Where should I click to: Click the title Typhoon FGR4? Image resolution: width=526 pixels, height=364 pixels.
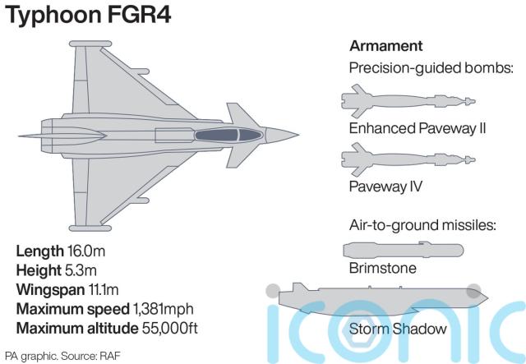click(x=90, y=16)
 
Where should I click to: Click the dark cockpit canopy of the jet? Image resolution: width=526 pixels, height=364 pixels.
click(x=226, y=134)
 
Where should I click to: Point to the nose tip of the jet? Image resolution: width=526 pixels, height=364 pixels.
click(x=300, y=134)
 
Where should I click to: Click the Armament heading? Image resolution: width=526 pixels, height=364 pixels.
click(x=386, y=45)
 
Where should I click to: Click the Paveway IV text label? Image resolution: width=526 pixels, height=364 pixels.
click(x=385, y=186)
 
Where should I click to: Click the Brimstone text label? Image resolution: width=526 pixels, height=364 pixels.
click(x=382, y=268)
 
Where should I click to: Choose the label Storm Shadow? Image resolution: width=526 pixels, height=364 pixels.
click(x=398, y=329)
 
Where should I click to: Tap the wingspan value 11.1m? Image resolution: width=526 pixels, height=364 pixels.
click(x=105, y=289)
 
